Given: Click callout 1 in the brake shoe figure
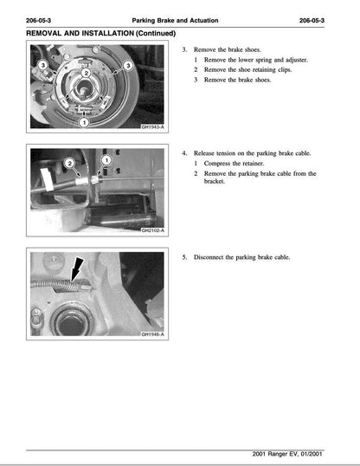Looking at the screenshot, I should pyautogui.click(x=82, y=123).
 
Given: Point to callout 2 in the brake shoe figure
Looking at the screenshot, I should pyautogui.click(x=86, y=74).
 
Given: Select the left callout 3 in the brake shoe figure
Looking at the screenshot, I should pyautogui.click(x=41, y=63).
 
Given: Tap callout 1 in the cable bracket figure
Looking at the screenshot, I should pyautogui.click(x=106, y=161).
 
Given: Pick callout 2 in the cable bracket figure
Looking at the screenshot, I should pyautogui.click(x=69, y=164).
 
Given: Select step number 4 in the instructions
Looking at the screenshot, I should pyautogui.click(x=183, y=153).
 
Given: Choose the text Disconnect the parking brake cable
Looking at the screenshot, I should pyautogui.click(x=241, y=257).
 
